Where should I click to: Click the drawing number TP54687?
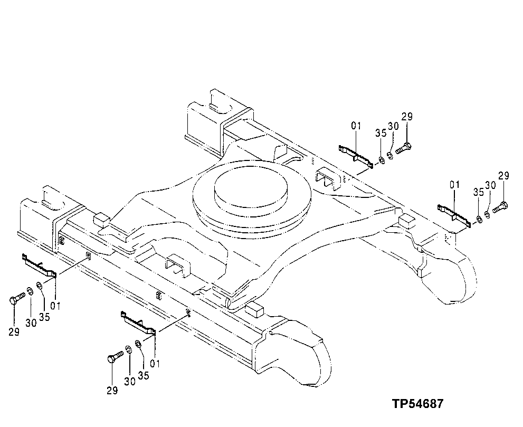pos(417,404)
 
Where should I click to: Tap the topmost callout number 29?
pos(406,117)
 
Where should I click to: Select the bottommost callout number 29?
pos(111,391)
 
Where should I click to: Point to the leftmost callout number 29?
pos(14,331)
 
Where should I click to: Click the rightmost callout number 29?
pos(503,176)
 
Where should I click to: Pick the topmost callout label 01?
pos(356,126)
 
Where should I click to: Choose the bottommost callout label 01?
pos(155,363)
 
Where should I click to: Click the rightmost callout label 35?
pos(478,192)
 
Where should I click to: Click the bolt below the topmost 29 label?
pos(403,148)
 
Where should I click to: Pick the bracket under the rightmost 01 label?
pos(452,215)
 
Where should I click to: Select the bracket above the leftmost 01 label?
pos(39,265)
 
